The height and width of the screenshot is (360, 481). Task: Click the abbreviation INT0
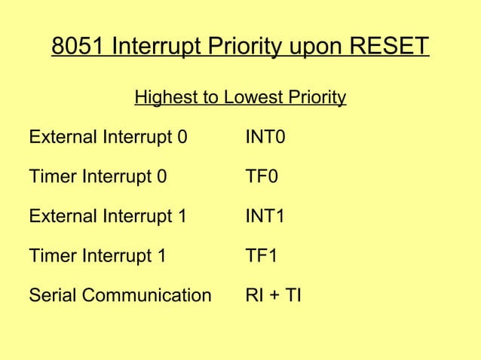[265, 138]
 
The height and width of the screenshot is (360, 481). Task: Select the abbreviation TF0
[262, 178]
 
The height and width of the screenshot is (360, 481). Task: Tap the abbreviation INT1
[265, 217]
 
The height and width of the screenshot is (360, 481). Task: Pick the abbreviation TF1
[262, 256]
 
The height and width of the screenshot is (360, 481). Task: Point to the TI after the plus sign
[293, 295]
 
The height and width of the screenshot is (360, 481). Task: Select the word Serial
[51, 295]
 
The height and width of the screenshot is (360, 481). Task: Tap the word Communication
[146, 295]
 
